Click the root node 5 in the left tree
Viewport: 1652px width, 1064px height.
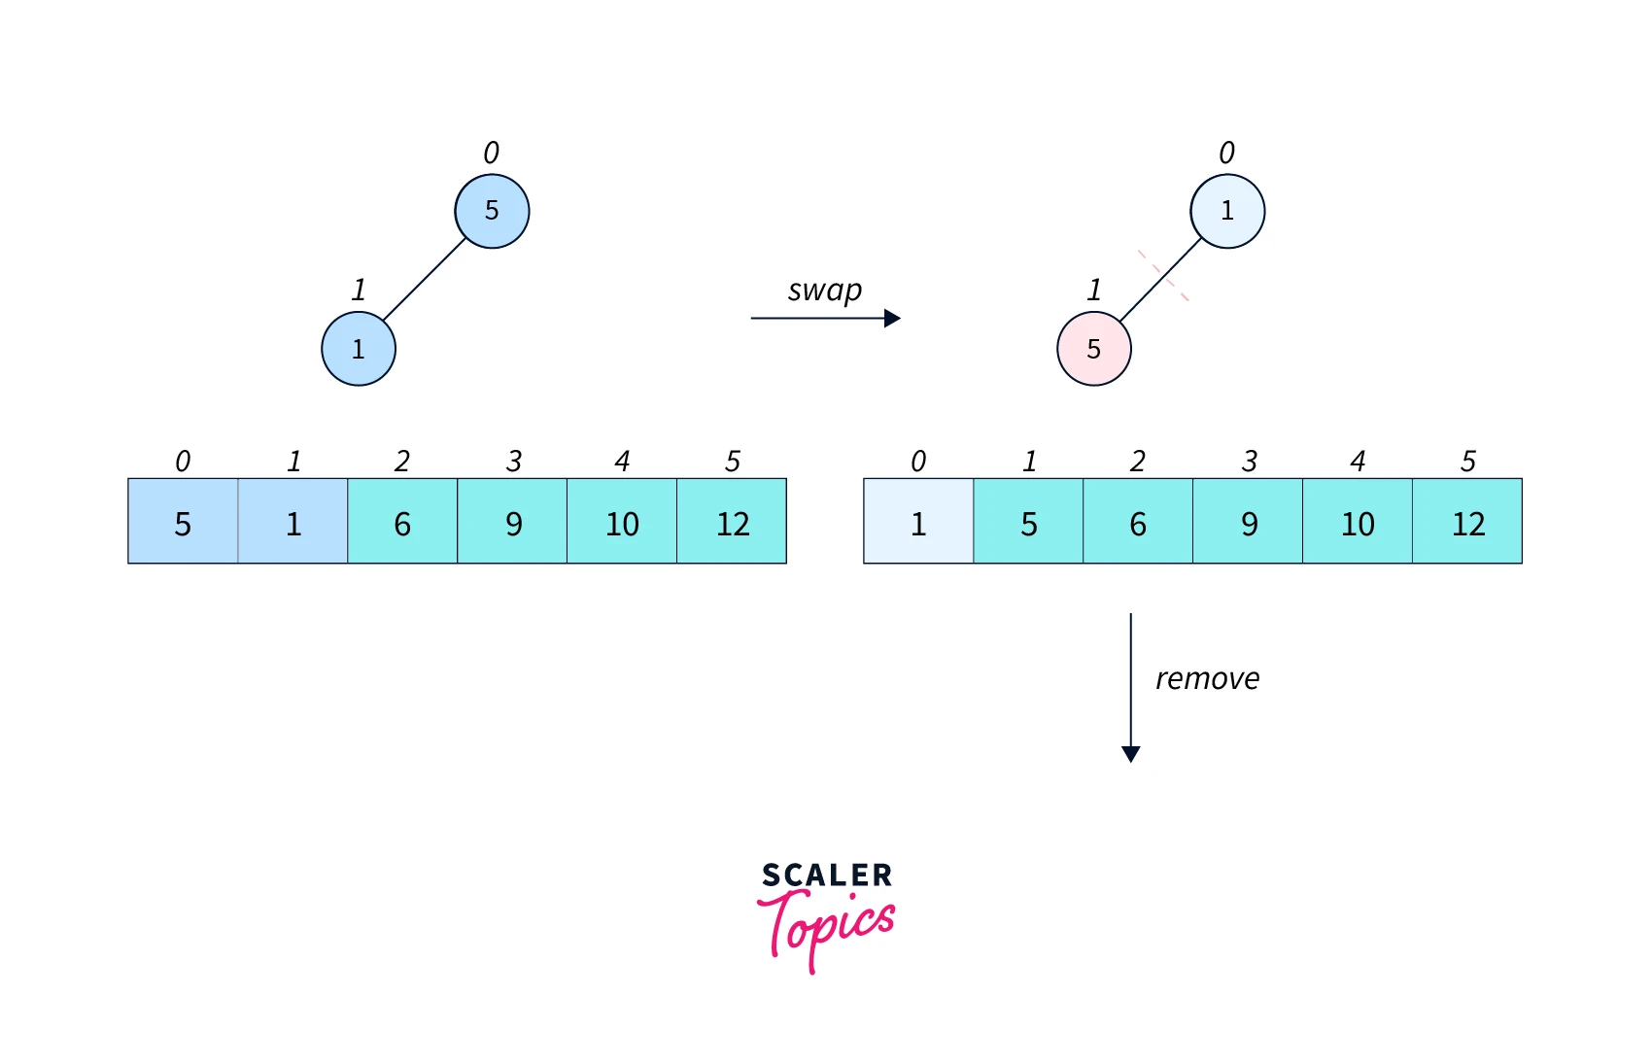(x=492, y=211)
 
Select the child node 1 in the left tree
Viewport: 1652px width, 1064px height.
(x=359, y=349)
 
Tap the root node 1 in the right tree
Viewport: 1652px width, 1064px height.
(x=1227, y=211)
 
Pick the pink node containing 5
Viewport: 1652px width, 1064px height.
(x=1093, y=349)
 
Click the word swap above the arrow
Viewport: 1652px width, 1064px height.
(x=824, y=291)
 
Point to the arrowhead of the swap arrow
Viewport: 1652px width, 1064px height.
(x=892, y=318)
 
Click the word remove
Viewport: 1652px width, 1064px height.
(x=1207, y=678)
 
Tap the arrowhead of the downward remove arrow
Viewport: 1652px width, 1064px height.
(x=1130, y=753)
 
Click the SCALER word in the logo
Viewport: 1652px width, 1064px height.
(x=826, y=875)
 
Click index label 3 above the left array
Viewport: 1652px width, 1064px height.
(x=513, y=461)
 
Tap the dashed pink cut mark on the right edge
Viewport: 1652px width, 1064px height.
(x=1163, y=275)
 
